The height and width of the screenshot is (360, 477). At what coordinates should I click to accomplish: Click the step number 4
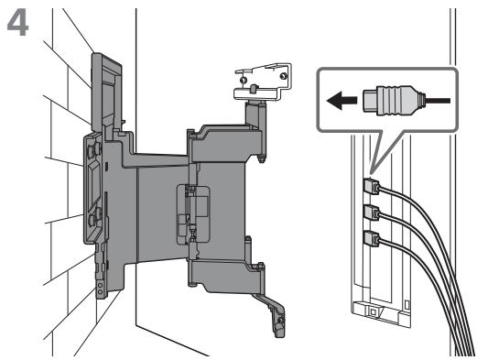(18, 25)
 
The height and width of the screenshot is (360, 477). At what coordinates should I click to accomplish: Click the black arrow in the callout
(341, 101)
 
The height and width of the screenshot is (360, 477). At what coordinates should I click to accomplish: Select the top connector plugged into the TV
(372, 187)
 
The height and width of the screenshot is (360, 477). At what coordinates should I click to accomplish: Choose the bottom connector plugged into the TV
(372, 238)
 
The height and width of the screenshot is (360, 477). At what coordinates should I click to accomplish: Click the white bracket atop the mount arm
(263, 82)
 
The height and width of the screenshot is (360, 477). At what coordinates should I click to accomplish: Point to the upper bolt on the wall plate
(93, 150)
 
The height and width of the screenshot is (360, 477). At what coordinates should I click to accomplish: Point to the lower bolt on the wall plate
(94, 216)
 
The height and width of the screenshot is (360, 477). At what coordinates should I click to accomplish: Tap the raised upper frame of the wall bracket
(107, 92)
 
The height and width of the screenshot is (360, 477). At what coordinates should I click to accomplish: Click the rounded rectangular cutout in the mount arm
(193, 214)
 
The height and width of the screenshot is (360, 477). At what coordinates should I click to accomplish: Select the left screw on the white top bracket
(243, 81)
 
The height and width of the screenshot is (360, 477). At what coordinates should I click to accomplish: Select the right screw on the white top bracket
(283, 75)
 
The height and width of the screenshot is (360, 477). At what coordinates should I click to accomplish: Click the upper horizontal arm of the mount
(224, 143)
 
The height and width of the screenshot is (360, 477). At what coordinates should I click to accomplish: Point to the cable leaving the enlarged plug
(438, 101)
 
